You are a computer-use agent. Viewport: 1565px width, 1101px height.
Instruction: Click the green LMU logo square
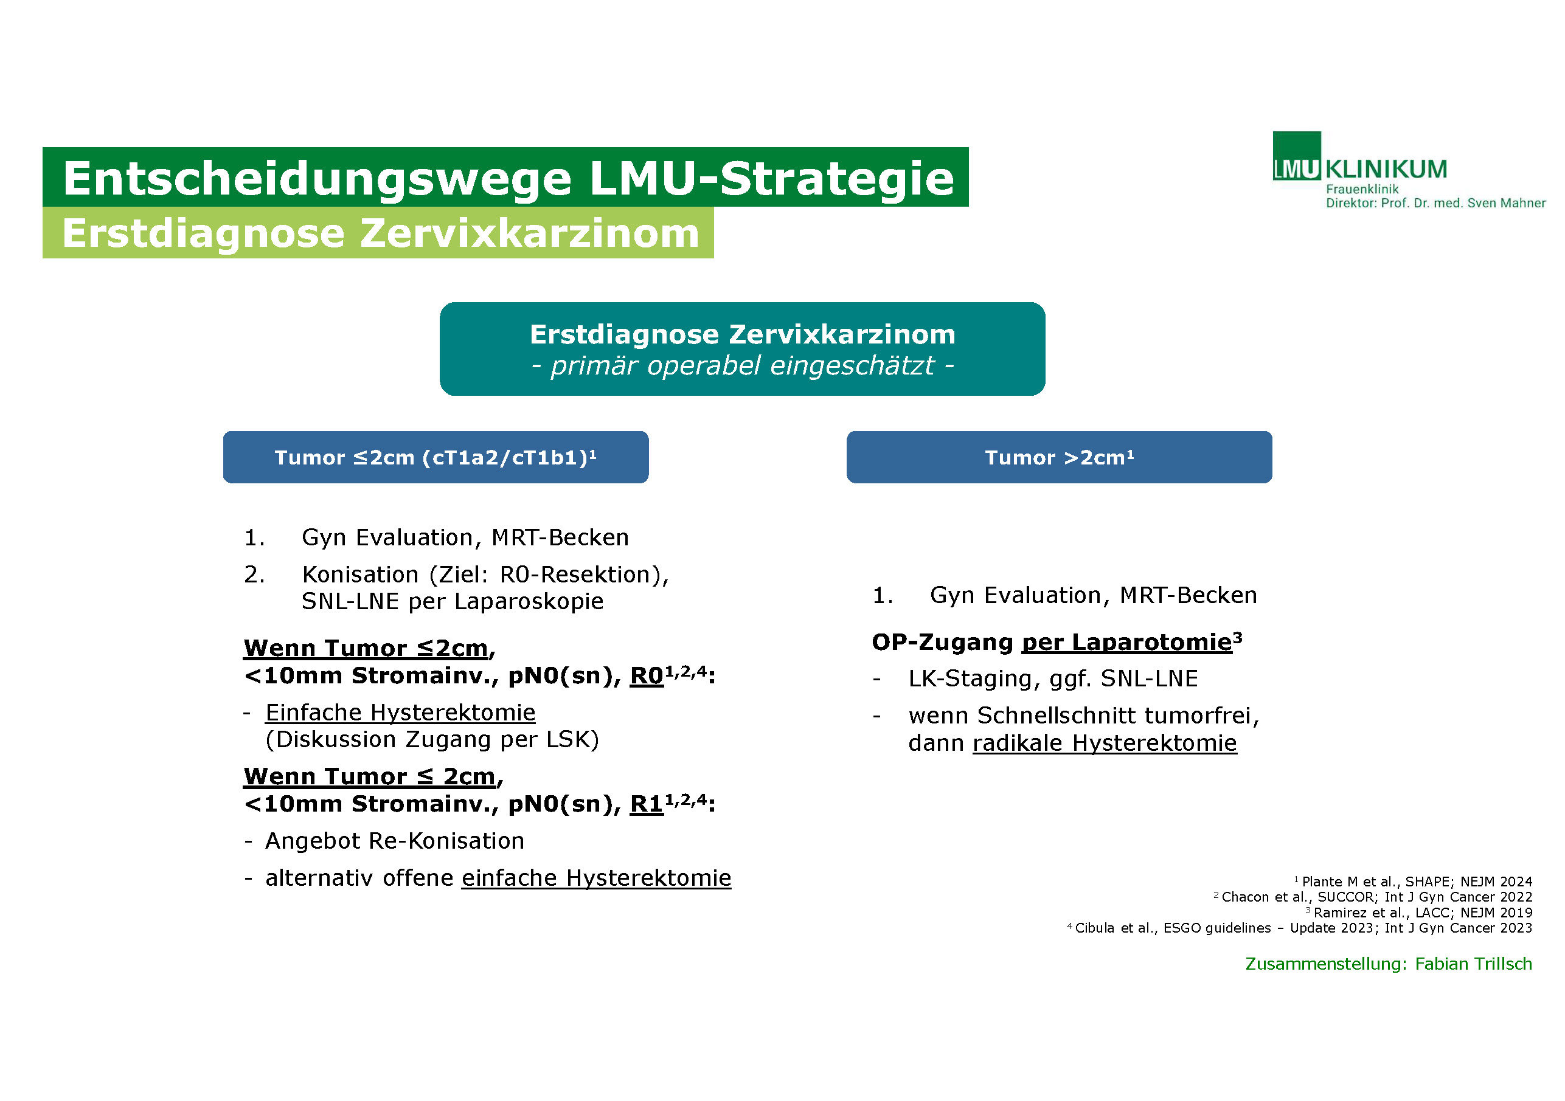coord(1296,156)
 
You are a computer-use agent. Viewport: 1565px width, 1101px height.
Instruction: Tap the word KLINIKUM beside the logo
coord(1386,169)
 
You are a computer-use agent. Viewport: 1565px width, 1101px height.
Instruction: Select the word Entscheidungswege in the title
coord(317,179)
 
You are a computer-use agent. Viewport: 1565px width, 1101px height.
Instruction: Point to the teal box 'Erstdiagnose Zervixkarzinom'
coord(742,349)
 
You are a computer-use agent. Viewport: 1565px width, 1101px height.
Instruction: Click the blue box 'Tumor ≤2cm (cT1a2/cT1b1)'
coord(435,457)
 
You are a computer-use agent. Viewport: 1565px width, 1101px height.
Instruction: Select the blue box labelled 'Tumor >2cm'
coord(1059,457)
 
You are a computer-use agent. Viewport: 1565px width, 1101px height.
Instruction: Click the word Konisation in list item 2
coord(361,575)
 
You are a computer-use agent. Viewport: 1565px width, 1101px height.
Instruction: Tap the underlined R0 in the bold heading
coord(646,676)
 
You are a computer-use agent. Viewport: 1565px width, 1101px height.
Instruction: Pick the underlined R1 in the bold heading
coord(646,804)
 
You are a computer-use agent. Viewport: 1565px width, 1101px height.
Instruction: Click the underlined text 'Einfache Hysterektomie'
coord(400,713)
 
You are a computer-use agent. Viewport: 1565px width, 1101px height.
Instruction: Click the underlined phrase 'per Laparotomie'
coord(1126,643)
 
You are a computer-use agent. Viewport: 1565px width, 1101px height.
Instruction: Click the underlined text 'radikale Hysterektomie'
coord(1104,743)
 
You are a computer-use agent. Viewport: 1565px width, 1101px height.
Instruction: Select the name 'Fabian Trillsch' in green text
coord(1473,964)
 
